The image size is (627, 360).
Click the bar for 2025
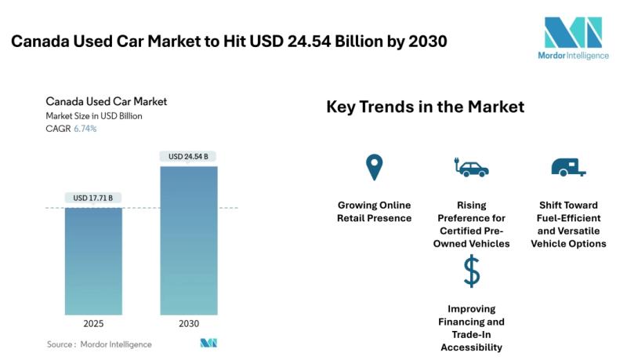click(x=93, y=260)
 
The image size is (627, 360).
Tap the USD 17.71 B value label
click(x=92, y=198)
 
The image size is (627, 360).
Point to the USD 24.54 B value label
click(x=188, y=156)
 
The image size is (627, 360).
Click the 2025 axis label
click(x=92, y=323)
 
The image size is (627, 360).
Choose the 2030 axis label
click(x=188, y=323)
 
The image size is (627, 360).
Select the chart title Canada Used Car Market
click(x=106, y=101)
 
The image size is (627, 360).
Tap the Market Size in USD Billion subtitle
click(x=93, y=116)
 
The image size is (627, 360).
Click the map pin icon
click(x=374, y=167)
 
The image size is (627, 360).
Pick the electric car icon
click(x=471, y=167)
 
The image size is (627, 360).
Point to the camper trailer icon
click(x=568, y=167)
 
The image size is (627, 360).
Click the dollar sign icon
click(x=471, y=271)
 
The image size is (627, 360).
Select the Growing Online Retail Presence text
click(x=374, y=211)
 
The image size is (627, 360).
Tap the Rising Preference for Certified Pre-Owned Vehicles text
click(x=471, y=224)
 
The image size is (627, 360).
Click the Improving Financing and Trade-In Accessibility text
click(x=471, y=328)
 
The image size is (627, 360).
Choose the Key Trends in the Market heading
click(x=425, y=107)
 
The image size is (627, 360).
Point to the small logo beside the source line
click(x=208, y=344)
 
